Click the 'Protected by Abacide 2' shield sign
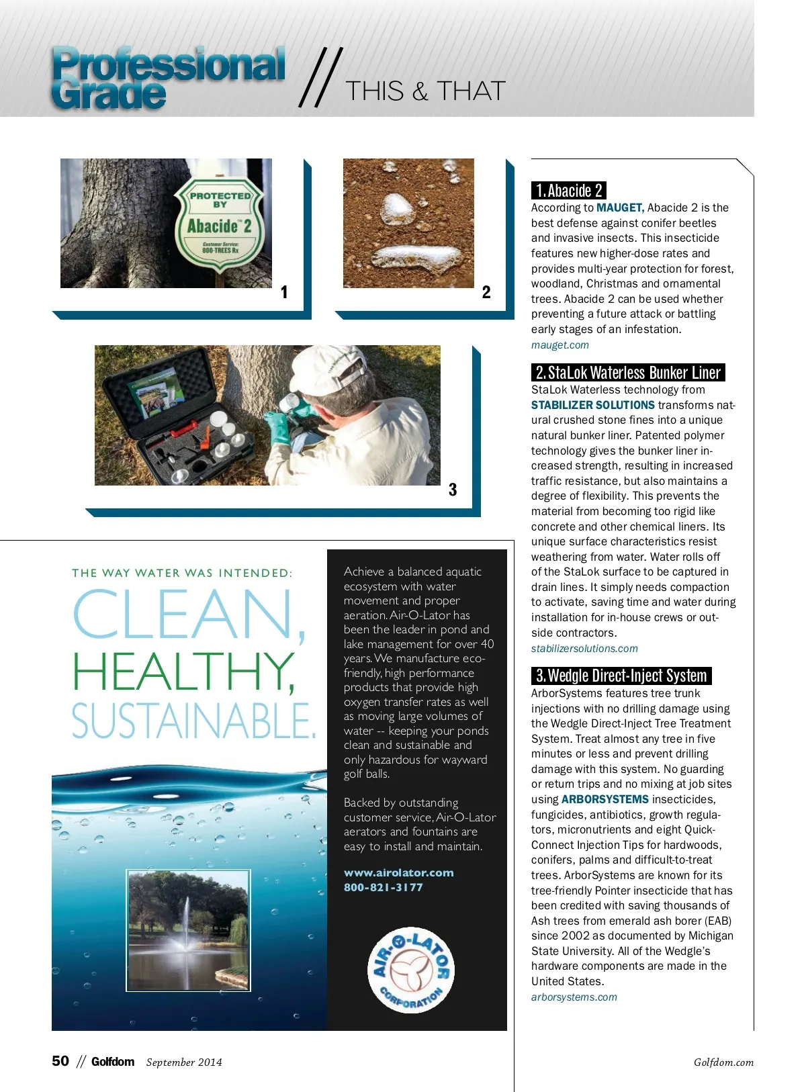click(220, 224)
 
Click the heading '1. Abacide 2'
click(569, 191)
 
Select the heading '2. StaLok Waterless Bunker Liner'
click(628, 373)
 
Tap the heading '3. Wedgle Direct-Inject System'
click(621, 676)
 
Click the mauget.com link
click(559, 345)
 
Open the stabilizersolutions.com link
click(584, 649)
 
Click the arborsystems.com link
click(574, 997)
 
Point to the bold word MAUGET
click(619, 208)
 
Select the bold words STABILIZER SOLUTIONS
click(592, 405)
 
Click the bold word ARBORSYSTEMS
click(604, 799)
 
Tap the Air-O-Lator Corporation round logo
click(411, 970)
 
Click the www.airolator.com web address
click(398, 873)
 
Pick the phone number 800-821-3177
click(383, 888)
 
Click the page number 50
click(60, 1061)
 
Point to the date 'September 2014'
click(183, 1062)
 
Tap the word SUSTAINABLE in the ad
click(193, 721)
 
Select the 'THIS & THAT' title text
click(424, 91)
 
